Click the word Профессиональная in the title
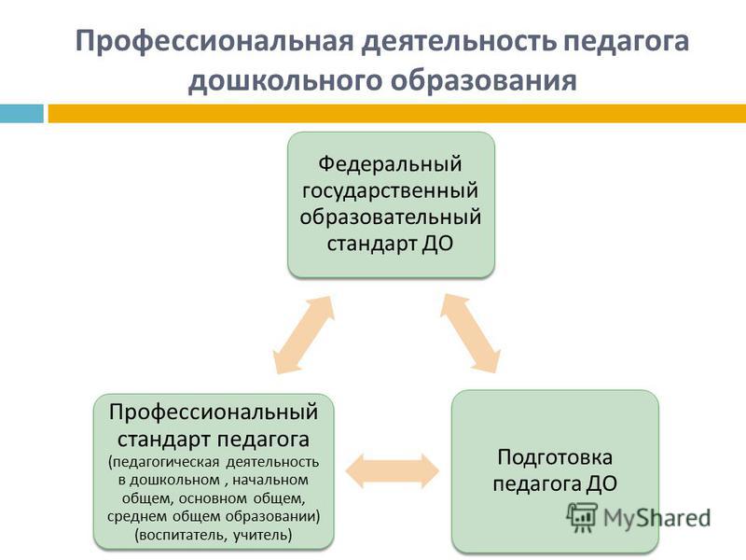pos(214,42)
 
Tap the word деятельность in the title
pos(459,42)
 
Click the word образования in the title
pos(484,81)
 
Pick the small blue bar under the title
pos(21,113)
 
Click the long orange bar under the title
pos(397,113)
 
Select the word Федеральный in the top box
pos(390,164)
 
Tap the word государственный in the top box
pos(390,191)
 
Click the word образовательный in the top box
pos(390,217)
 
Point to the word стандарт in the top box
pos(371,244)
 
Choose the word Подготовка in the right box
pos(555,457)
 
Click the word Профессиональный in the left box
pos(214,412)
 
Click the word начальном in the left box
pos(269,480)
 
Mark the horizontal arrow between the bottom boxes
pos(392,471)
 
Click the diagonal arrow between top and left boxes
pos(304,334)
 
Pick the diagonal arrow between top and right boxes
pos(470,333)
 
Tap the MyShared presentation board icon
pos(582,517)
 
